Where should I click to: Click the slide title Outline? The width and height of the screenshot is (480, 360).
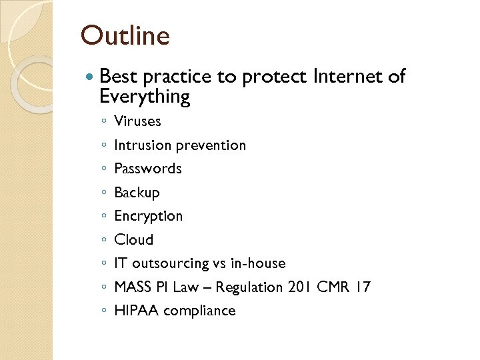pos(125,35)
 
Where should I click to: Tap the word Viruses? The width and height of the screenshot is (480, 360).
pos(137,121)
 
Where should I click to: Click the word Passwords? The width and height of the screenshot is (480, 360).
pos(148,169)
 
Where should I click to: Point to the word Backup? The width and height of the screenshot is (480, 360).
pos(137,193)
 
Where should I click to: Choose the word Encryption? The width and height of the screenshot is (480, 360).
pos(148,217)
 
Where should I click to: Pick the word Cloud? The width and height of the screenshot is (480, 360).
pos(133,240)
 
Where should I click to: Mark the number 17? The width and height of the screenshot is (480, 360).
pos(363,287)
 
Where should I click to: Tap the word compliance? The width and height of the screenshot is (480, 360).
pos(199,311)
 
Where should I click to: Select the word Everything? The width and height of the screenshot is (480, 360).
pos(144,97)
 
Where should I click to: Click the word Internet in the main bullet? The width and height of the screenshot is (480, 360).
pos(347,77)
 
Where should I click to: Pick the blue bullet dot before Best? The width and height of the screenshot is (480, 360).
pos(91,77)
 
